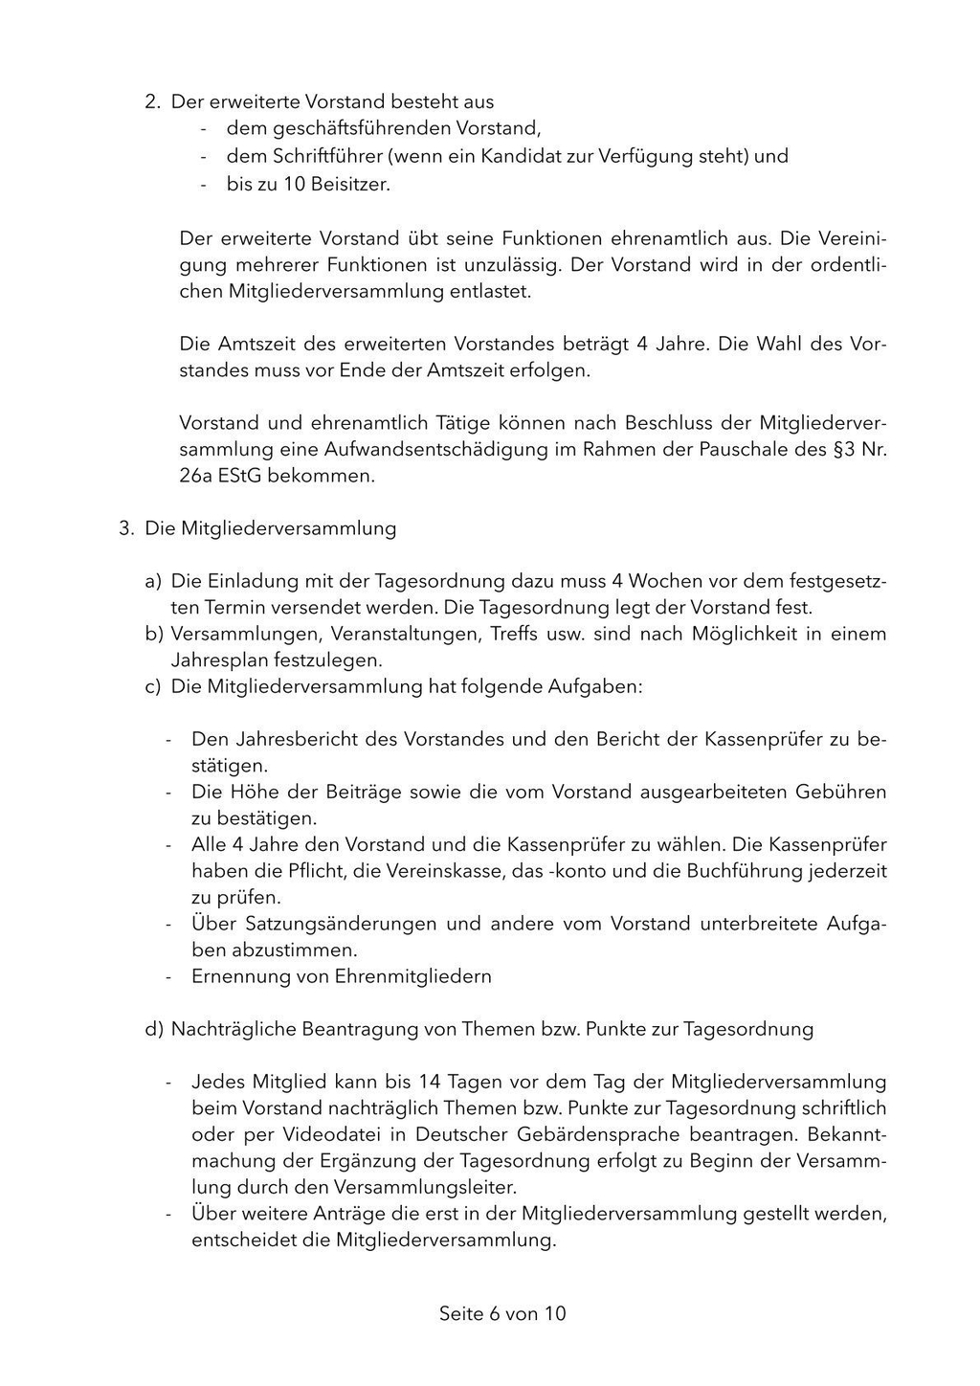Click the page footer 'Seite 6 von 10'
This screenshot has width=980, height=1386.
tap(502, 1314)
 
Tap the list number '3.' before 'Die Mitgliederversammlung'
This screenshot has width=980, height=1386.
tap(126, 528)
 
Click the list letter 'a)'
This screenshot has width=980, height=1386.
tap(153, 581)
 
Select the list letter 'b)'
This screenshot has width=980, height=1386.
tap(153, 634)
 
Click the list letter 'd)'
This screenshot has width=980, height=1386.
tap(153, 1030)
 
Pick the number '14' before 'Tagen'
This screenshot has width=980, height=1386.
tap(430, 1083)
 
